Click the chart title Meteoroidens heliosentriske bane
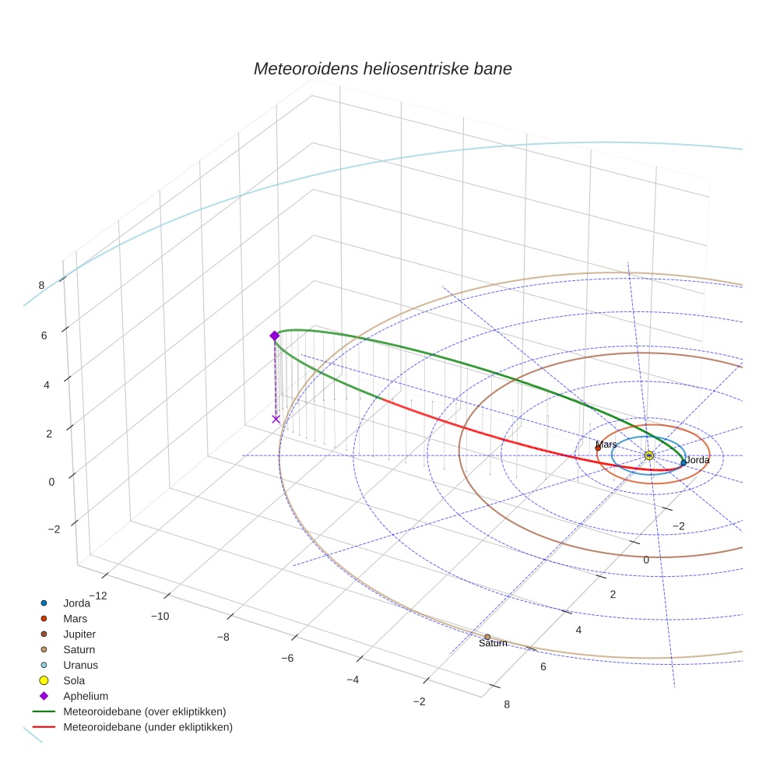382,69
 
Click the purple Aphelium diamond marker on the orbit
274,336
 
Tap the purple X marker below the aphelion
276,419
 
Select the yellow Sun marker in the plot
649,455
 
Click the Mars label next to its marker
606,444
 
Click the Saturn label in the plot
493,643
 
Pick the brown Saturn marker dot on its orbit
487,637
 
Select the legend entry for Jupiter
79,634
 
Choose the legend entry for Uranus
80,665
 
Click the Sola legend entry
74,680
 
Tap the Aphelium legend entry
85,696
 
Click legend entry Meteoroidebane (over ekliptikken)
144,712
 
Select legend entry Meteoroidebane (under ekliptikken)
147,727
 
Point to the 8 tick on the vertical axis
41,285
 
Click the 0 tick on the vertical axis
51,481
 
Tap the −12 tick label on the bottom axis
97,596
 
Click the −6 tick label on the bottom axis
286,659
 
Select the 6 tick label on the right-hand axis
543,666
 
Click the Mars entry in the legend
75,618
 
